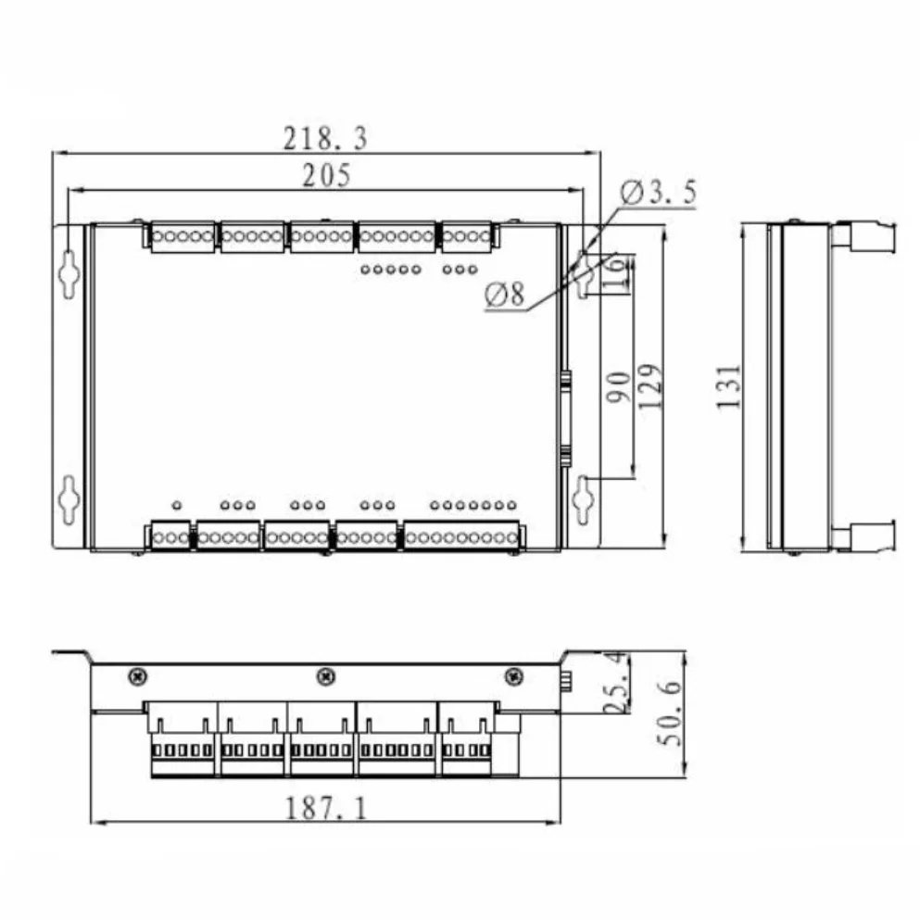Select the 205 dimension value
(x=327, y=176)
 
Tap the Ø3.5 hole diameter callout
(x=659, y=193)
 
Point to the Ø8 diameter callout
(x=504, y=296)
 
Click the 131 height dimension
(x=730, y=386)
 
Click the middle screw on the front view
(x=324, y=676)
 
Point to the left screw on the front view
(x=137, y=676)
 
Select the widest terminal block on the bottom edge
(x=462, y=536)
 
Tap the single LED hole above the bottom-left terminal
(x=176, y=505)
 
